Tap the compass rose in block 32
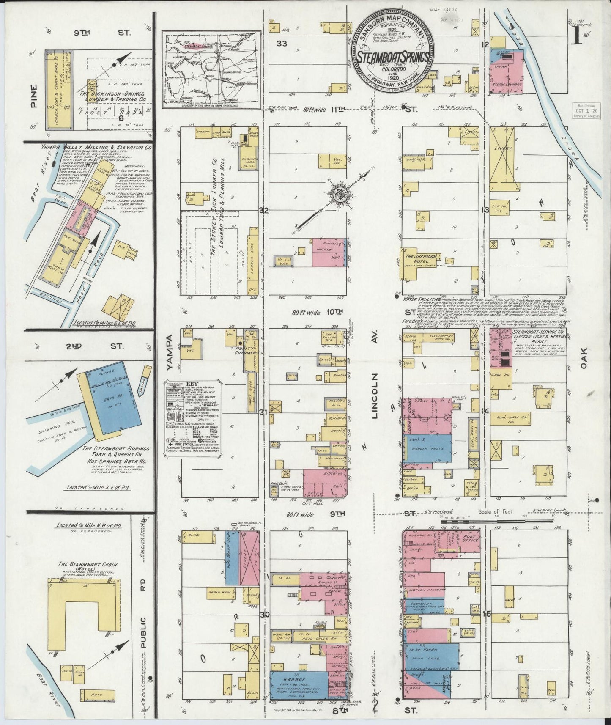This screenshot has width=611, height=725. click(x=340, y=195)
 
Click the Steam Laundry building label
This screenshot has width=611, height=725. click(x=507, y=84)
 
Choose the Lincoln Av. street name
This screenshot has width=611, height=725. click(x=375, y=396)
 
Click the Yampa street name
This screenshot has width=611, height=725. click(x=170, y=353)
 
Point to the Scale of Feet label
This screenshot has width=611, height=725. click(x=495, y=511)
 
